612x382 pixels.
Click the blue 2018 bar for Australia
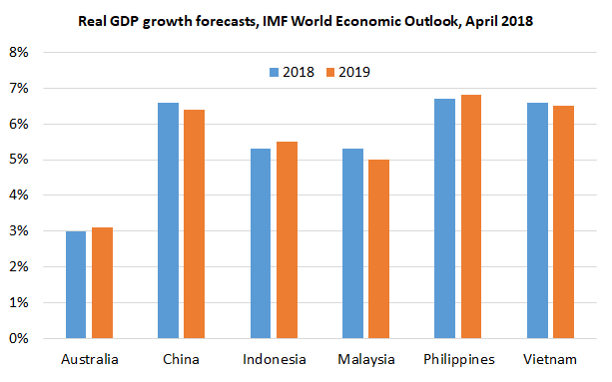click(76, 284)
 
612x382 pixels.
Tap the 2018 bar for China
click(168, 220)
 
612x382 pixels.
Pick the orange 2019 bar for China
click(194, 224)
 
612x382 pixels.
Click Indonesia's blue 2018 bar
click(261, 243)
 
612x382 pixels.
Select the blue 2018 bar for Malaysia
click(352, 243)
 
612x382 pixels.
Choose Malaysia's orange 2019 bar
click(378, 249)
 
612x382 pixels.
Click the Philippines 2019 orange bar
click(470, 216)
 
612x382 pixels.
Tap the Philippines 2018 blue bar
click(444, 218)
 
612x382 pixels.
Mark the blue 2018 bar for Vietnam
click(536, 220)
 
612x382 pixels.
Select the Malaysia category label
click(365, 359)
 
